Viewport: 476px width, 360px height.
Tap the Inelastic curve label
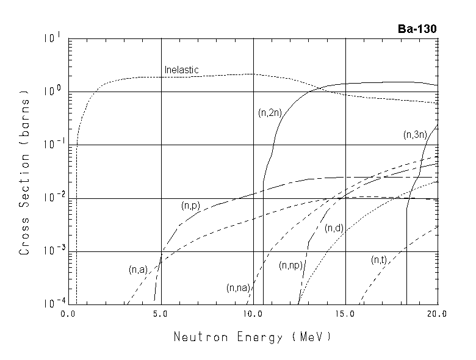pyautogui.click(x=182, y=70)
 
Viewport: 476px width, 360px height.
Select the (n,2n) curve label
pyautogui.click(x=269, y=112)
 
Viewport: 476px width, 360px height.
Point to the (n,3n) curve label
pyautogui.click(x=415, y=135)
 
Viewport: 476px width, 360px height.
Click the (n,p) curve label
pyautogui.click(x=191, y=206)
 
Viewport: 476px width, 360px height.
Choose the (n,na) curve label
pyautogui.click(x=237, y=287)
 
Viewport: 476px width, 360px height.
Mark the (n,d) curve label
pyautogui.click(x=334, y=228)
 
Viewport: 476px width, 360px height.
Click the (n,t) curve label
pyautogui.click(x=379, y=260)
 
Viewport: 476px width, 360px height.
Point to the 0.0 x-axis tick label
pyautogui.click(x=68, y=314)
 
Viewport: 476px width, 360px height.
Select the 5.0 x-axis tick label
pyautogui.click(x=160, y=314)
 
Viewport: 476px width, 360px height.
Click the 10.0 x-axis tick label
pyautogui.click(x=253, y=314)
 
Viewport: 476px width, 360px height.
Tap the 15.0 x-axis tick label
pyautogui.click(x=345, y=314)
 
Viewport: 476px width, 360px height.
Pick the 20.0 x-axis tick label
pyautogui.click(x=438, y=314)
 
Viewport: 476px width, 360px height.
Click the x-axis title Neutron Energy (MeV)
pyautogui.click(x=253, y=337)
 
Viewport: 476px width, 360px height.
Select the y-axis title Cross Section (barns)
pyautogui.click(x=25, y=174)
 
